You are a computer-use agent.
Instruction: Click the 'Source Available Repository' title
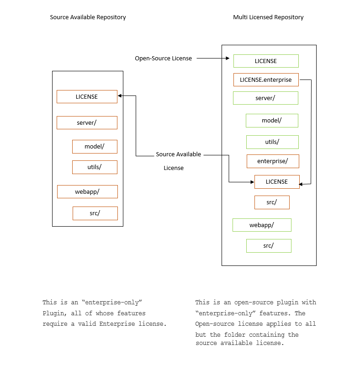coord(88,17)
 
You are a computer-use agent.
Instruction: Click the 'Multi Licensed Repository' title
coord(268,17)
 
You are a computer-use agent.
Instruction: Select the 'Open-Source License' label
coord(163,58)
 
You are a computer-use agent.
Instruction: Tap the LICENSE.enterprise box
coord(265,80)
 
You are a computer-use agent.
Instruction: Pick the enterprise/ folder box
coord(273,161)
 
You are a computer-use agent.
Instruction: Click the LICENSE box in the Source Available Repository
coord(87,97)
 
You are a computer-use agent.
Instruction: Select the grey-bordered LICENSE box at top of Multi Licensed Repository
coord(265,61)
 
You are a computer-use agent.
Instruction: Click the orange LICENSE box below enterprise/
coord(277,182)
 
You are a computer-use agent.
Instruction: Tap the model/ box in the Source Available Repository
coord(95,147)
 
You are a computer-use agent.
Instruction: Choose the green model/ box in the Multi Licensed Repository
coord(272,121)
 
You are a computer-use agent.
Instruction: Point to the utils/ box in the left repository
coord(95,167)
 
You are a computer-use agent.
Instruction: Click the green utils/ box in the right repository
coord(272,142)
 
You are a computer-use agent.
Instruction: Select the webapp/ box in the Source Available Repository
coord(87,192)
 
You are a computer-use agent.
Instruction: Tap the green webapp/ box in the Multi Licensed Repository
coord(262,225)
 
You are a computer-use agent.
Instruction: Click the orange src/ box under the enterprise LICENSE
coord(272,202)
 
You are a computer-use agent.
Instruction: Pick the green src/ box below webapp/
coord(269,246)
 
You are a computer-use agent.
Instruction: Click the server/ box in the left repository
coord(87,123)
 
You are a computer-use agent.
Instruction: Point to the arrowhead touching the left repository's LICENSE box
coord(120,96)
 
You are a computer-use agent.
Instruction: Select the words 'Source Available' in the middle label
coord(178,154)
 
